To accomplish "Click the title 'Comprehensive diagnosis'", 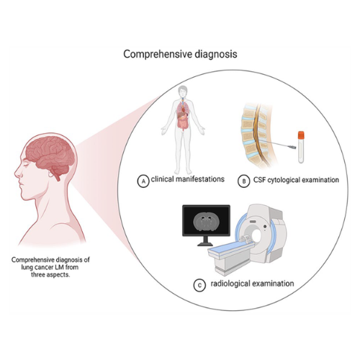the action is (x=180, y=54).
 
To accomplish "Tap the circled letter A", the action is (x=143, y=181).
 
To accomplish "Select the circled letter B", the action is (x=243, y=181).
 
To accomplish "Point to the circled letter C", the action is (x=199, y=285).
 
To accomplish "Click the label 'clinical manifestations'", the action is (x=188, y=179).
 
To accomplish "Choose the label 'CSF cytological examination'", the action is (x=296, y=180).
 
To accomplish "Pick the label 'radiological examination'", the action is (x=252, y=284).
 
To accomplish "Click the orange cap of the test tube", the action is (x=301, y=135).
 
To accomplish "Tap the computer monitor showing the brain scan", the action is (x=206, y=220).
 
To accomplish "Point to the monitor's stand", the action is (x=205, y=241).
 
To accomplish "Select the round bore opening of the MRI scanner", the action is (x=256, y=236).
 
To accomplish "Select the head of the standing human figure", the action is (x=183, y=91).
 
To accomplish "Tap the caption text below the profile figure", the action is (x=50, y=267).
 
